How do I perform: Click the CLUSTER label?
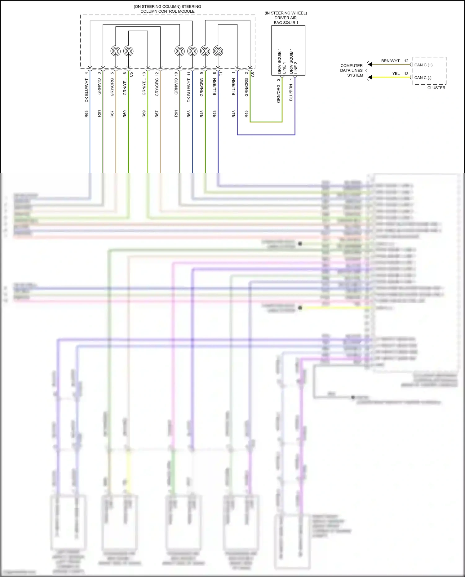pos(436,88)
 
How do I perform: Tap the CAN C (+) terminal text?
pos(423,65)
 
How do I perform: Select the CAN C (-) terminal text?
pos(423,78)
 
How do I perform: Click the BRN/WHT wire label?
pos(390,61)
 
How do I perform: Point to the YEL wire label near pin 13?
pos(396,73)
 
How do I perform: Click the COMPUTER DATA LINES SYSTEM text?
pos(352,70)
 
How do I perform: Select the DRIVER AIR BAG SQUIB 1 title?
pos(286,18)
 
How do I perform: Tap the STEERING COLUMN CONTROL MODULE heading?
pos(167,9)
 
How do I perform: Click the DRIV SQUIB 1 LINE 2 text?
pos(293,61)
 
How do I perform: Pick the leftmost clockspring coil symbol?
pos(116,51)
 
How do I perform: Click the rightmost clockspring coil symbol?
pos(218,51)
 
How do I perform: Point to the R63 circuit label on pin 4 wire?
pos(86,114)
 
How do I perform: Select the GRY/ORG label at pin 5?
pos(112,87)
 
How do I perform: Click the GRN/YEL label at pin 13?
pos(144,87)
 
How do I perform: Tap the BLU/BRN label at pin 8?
pos(215,87)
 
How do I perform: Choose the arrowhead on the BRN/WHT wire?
pos(370,64)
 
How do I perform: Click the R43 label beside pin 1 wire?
pos(234,114)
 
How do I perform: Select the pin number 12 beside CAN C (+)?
pos(406,61)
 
